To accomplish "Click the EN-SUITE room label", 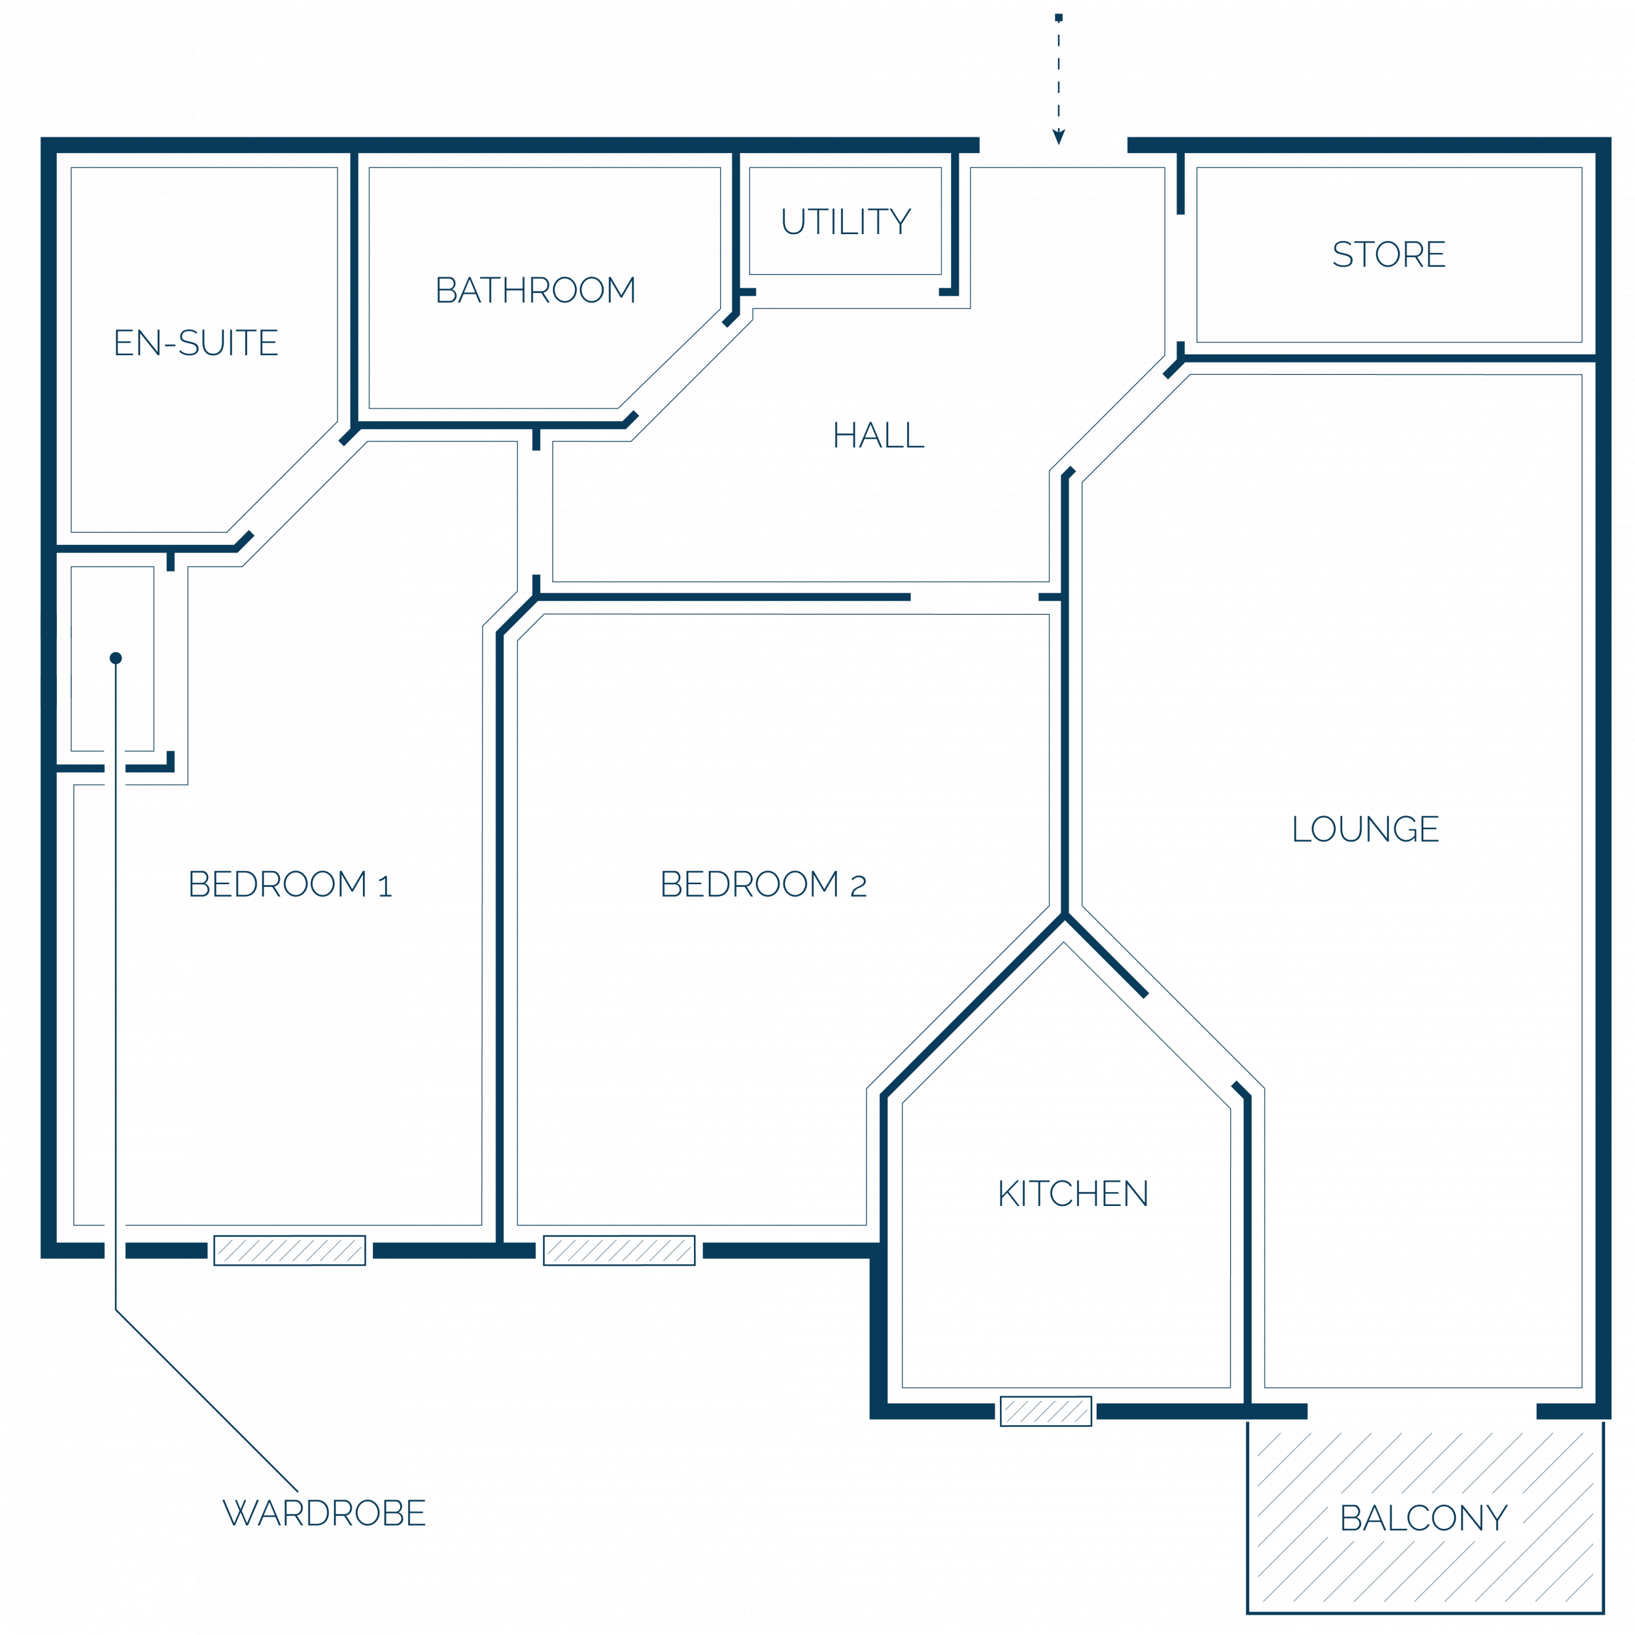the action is pyautogui.click(x=196, y=343).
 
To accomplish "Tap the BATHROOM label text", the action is pyautogui.click(x=535, y=290).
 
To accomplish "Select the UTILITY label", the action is pyautogui.click(x=846, y=222).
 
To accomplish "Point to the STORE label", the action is pyautogui.click(x=1388, y=254).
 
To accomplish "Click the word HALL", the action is pyautogui.click(x=878, y=435).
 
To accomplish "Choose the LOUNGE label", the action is pyautogui.click(x=1365, y=829).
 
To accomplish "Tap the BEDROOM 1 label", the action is pyautogui.click(x=290, y=884).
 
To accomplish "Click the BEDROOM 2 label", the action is pyautogui.click(x=763, y=884).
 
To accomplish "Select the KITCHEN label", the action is pyautogui.click(x=1073, y=1194).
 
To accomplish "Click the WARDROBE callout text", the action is pyautogui.click(x=324, y=1513).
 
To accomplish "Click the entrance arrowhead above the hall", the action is pyautogui.click(x=1059, y=137).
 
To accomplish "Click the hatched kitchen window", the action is pyautogui.click(x=1046, y=1411).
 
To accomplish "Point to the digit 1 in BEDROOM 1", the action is pyautogui.click(x=385, y=886).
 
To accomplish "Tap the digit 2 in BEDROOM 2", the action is pyautogui.click(x=858, y=886).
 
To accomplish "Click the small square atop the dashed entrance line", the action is pyautogui.click(x=1059, y=17).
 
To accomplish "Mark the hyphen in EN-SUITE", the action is pyautogui.click(x=170, y=345).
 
